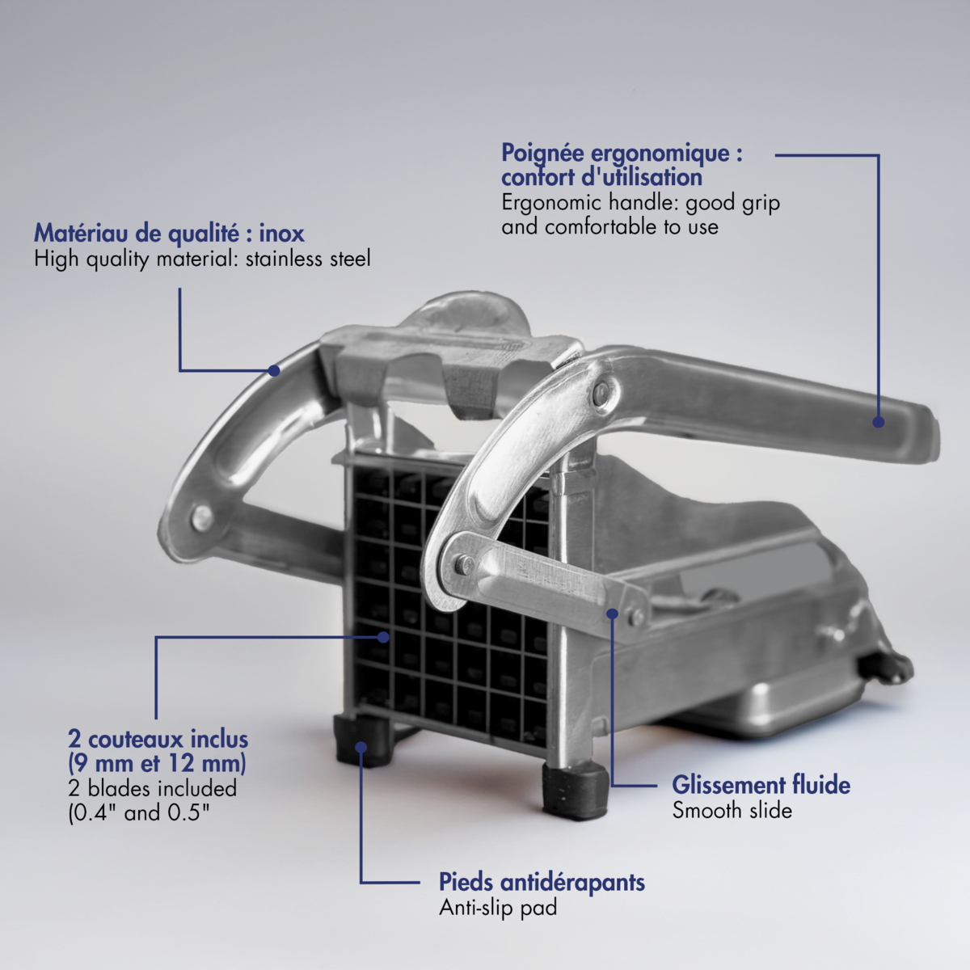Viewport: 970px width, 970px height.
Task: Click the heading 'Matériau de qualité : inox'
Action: click(x=169, y=234)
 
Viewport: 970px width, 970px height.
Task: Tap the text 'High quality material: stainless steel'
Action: click(x=202, y=259)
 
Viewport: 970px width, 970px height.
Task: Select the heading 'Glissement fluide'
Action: click(x=761, y=785)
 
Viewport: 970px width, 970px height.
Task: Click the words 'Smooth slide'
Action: click(x=732, y=811)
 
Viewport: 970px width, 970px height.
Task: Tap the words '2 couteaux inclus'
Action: click(x=158, y=740)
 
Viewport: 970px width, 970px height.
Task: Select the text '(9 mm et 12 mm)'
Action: click(x=157, y=764)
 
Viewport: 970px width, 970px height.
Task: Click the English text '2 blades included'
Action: click(x=153, y=788)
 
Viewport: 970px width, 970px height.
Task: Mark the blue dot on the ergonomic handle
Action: click(x=879, y=422)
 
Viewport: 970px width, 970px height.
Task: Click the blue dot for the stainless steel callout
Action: click(x=274, y=370)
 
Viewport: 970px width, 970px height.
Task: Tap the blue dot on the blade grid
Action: click(x=384, y=637)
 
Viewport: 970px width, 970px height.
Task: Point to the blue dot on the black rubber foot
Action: click(x=361, y=747)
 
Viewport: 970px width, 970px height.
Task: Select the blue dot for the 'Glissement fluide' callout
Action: click(x=612, y=614)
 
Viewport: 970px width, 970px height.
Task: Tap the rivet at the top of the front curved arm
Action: click(x=601, y=392)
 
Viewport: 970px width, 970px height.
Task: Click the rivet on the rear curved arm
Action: click(x=202, y=517)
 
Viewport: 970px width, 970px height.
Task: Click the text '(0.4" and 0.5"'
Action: click(x=139, y=813)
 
